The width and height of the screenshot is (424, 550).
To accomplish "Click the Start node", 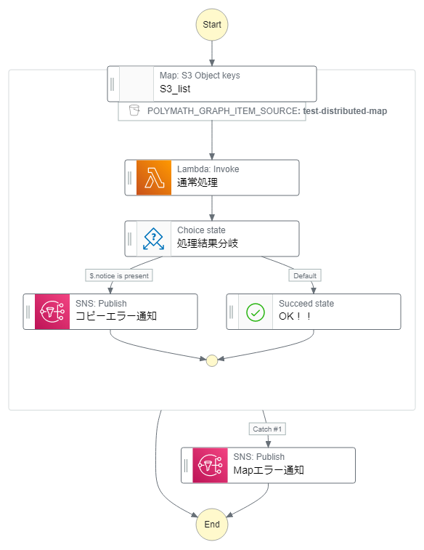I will pyautogui.click(x=212, y=24).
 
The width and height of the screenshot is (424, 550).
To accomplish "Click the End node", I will pyautogui.click(x=212, y=524).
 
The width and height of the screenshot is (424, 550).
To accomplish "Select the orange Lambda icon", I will pyautogui.click(x=154, y=178).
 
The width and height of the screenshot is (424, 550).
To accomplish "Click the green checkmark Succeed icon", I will pyautogui.click(x=256, y=312).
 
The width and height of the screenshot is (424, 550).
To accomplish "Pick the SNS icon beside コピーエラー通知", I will pyautogui.click(x=52, y=312).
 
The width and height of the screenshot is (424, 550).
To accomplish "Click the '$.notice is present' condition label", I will pyautogui.click(x=118, y=275).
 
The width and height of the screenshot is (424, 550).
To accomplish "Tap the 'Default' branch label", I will pyautogui.click(x=305, y=275).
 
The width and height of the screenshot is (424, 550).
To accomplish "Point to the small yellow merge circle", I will pyautogui.click(x=212, y=360).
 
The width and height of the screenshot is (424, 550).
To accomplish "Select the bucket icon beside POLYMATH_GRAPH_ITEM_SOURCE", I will pyautogui.click(x=134, y=111).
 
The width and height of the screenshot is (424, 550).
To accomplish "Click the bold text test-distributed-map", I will pyautogui.click(x=345, y=111).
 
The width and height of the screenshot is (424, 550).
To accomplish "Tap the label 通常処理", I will pyautogui.click(x=197, y=183).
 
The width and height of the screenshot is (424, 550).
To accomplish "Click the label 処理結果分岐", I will pyautogui.click(x=207, y=244).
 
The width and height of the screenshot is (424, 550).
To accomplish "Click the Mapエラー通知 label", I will pyautogui.click(x=268, y=470).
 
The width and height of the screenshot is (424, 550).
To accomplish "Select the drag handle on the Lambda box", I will pyautogui.click(x=130, y=178).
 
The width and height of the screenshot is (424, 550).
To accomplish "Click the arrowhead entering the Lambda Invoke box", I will pyautogui.click(x=212, y=155).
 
